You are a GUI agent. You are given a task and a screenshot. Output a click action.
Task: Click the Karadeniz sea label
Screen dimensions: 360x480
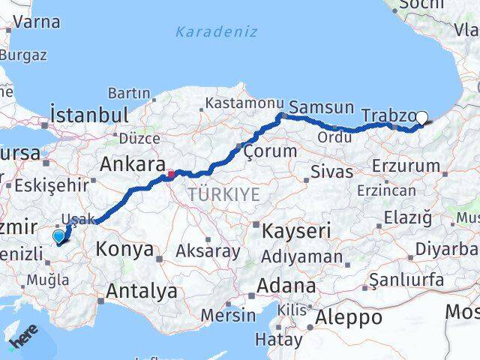(x=216, y=32)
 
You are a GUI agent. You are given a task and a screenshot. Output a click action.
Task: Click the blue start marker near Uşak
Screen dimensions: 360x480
(x=58, y=237)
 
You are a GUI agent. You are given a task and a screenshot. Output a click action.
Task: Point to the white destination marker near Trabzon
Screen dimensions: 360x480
(x=421, y=118)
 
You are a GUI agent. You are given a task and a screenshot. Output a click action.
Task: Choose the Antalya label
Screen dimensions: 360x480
(x=142, y=291)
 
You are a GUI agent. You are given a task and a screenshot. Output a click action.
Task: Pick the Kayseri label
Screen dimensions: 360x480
(x=296, y=231)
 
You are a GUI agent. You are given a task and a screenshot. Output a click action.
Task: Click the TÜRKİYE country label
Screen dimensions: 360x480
(x=223, y=195)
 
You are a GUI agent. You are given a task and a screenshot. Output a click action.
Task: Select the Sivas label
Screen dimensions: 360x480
(x=332, y=172)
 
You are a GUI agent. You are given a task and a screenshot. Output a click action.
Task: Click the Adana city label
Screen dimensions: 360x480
(x=286, y=286)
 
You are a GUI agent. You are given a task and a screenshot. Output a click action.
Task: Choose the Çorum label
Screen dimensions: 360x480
(x=271, y=151)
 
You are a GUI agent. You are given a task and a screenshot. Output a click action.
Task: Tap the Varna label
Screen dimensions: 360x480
(x=35, y=22)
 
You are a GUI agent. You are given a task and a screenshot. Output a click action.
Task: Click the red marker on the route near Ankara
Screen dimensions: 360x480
(x=171, y=175)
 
